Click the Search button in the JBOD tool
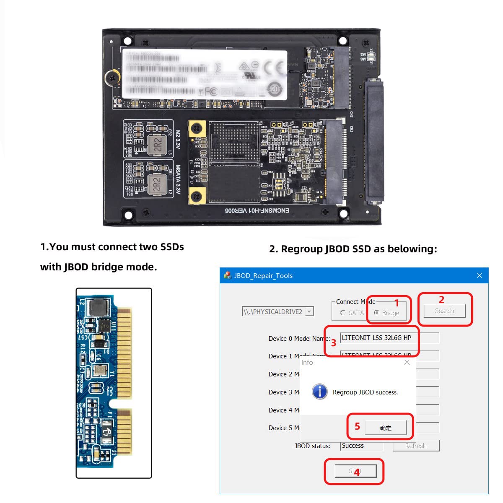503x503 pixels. (x=444, y=311)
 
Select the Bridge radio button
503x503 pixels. (x=377, y=313)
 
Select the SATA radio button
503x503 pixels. (x=343, y=313)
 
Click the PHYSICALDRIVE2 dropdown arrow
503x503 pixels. (x=309, y=311)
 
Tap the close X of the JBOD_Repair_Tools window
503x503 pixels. (x=480, y=275)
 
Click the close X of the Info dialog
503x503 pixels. (x=407, y=362)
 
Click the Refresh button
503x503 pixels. (x=416, y=446)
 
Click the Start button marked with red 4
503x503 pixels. (x=355, y=471)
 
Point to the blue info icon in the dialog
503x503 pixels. (x=320, y=392)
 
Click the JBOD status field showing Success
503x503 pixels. (x=361, y=446)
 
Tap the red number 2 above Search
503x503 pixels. (x=441, y=300)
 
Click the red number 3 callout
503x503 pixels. (x=334, y=343)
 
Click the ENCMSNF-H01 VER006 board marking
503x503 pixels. (x=257, y=210)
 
